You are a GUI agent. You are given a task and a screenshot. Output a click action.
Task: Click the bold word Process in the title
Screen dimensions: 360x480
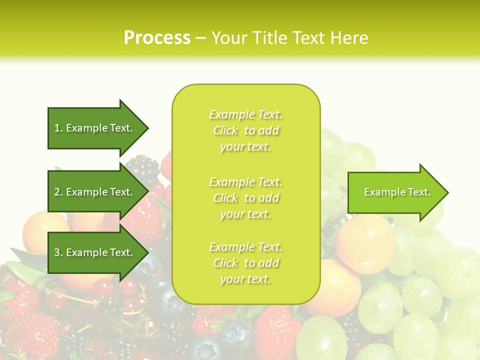tap(157, 38)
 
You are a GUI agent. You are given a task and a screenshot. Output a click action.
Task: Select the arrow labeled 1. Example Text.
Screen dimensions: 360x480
tap(95, 128)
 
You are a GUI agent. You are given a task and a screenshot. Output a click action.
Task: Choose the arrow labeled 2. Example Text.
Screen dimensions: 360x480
tap(95, 192)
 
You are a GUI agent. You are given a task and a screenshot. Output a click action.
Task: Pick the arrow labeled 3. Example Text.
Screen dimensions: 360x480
tap(95, 252)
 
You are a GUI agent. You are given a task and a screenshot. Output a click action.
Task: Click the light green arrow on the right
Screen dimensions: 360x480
tap(395, 192)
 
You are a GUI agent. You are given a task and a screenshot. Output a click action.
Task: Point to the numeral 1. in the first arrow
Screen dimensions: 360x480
tap(58, 128)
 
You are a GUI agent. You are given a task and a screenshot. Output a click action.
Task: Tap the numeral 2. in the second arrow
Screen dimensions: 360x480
tap(58, 192)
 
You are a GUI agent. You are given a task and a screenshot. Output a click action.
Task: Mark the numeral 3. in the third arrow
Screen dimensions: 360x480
tap(58, 252)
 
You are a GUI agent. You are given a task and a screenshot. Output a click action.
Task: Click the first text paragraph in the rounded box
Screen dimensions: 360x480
tap(246, 130)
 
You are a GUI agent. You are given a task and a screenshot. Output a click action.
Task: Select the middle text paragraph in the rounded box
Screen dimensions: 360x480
tap(246, 198)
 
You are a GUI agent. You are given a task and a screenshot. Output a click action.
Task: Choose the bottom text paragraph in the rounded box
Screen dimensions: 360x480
tap(246, 263)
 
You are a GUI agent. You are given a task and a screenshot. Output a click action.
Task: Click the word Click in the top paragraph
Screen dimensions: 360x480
tap(225, 130)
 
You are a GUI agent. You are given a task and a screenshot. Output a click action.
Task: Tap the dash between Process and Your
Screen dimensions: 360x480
tap(200, 38)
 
